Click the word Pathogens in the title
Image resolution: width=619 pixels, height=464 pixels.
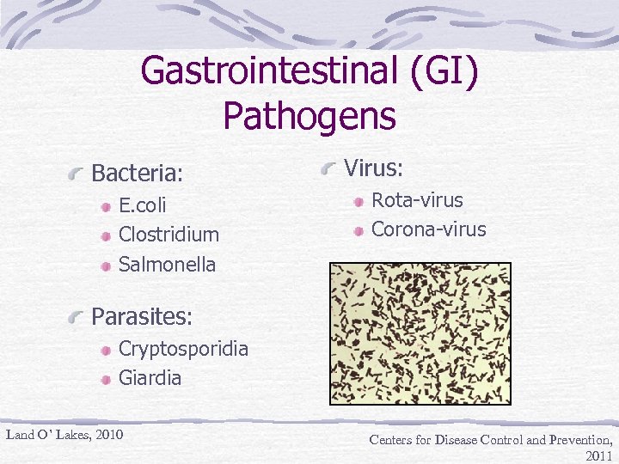[x=309, y=115]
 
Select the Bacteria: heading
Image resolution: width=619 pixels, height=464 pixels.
[x=137, y=174]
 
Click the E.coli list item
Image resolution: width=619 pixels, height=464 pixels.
[x=143, y=205]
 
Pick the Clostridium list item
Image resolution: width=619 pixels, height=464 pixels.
[x=169, y=235]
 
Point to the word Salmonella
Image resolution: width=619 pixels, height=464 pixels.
[x=167, y=264]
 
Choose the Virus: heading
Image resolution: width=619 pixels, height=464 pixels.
[x=374, y=168]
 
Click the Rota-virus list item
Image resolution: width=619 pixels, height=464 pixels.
[x=416, y=200]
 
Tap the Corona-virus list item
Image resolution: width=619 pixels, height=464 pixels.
[x=428, y=229]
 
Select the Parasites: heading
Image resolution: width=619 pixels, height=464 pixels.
[x=142, y=317]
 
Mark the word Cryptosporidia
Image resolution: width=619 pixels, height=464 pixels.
[x=183, y=348]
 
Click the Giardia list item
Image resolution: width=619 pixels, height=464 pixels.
[x=150, y=377]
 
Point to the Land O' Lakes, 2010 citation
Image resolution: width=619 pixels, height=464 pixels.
[x=64, y=434]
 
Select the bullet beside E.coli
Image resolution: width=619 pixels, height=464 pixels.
[x=105, y=207]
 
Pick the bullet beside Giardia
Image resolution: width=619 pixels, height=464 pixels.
[x=105, y=379]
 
